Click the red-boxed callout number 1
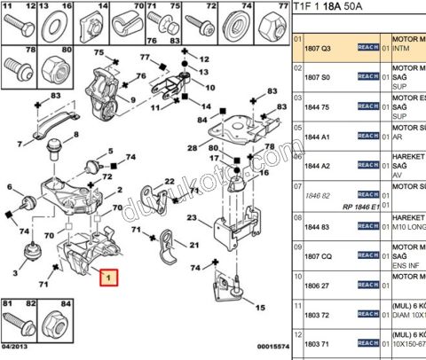click(108, 278)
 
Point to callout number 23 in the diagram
click(192, 218)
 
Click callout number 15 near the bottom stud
click(260, 309)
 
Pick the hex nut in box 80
click(51, 67)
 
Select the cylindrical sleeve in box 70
click(125, 22)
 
